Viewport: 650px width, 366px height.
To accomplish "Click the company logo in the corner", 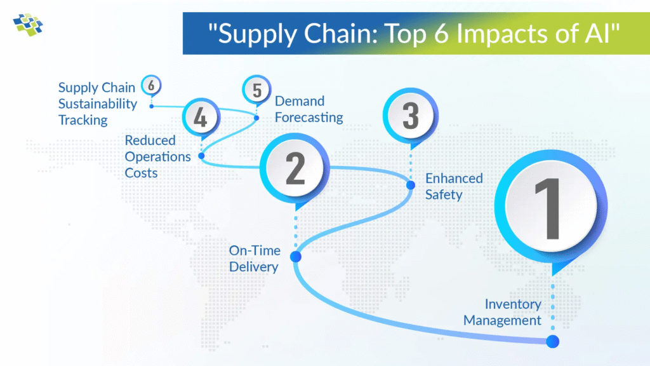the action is [28, 25].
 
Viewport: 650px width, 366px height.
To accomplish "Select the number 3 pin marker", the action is [411, 117].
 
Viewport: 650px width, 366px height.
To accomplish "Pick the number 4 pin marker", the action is [201, 118].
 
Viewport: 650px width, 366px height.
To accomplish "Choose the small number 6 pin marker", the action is [151, 86].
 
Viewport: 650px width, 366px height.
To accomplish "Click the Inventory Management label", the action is [502, 312].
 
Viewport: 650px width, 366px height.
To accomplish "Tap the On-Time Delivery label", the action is [255, 259].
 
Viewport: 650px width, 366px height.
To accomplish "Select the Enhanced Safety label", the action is [454, 186].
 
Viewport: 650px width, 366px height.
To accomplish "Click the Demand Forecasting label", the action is [309, 109].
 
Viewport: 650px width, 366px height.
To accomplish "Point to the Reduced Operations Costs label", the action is [157, 156].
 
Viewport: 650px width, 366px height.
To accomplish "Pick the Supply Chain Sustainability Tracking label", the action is [97, 104].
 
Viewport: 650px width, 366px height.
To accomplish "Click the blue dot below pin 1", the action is [553, 341].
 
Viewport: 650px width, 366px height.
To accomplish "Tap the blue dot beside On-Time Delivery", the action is [296, 257].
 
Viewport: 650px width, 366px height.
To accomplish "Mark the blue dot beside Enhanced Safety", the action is [411, 185].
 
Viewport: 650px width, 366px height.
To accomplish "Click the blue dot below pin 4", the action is [201, 156].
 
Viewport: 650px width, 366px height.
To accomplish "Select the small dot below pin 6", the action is [152, 106].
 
